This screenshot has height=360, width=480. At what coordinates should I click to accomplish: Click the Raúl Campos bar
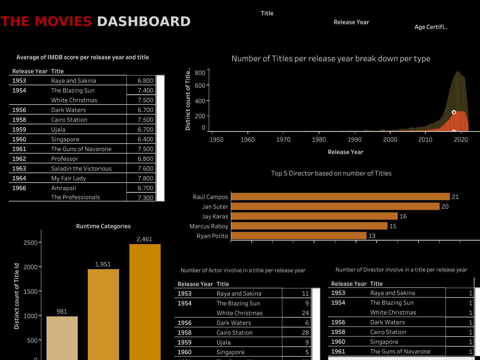click(x=340, y=197)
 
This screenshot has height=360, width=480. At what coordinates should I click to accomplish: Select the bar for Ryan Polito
click(x=299, y=236)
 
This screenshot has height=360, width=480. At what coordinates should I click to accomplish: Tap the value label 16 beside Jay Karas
click(x=403, y=216)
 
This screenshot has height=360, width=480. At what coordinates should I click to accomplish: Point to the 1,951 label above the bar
click(x=103, y=264)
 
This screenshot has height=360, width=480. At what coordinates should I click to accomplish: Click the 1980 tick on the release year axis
click(x=319, y=139)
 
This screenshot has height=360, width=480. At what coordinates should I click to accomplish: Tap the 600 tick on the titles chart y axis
click(x=200, y=85)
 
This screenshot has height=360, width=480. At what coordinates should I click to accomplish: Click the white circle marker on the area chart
click(x=454, y=112)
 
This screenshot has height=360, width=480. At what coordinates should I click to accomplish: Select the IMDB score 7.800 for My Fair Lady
click(x=145, y=178)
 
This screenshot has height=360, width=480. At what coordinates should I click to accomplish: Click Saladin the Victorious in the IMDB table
click(x=81, y=169)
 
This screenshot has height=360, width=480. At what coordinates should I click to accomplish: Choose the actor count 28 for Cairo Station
click(x=305, y=333)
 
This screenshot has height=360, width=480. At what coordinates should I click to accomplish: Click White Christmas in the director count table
click(x=393, y=312)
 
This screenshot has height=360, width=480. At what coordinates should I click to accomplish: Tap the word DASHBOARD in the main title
click(x=144, y=21)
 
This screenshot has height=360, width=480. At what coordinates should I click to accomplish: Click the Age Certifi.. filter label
click(x=431, y=27)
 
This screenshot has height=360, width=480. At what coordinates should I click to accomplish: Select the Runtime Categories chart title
click(x=103, y=226)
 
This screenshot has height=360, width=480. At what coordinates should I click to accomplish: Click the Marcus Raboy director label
click(x=209, y=226)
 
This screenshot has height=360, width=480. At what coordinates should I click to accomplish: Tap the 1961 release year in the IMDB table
click(x=19, y=149)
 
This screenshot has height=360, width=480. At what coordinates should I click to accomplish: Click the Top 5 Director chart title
click(x=331, y=173)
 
